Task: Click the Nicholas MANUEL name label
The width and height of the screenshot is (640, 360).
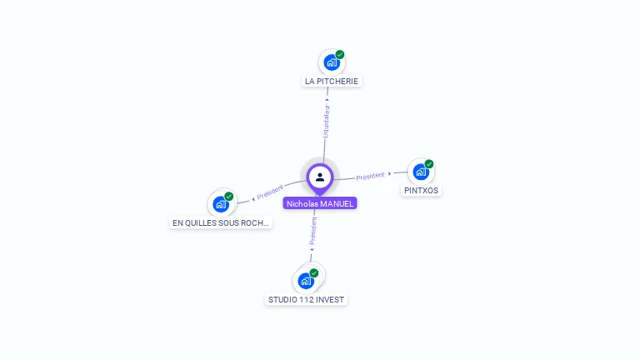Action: point(320,203)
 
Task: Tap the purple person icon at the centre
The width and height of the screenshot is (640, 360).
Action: point(320,177)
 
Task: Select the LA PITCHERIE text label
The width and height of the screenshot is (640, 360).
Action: point(332,82)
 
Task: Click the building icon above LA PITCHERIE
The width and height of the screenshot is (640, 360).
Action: point(331,62)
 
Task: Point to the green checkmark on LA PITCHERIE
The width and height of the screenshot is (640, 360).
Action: point(340,54)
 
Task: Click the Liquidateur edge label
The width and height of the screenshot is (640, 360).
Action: point(326,122)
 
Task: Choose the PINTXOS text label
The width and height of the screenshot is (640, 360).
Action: point(421,191)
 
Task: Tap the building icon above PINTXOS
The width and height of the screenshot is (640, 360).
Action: point(420,172)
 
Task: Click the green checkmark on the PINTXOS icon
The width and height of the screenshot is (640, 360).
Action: point(429,164)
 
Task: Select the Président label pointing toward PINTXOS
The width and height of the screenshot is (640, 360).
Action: point(371,176)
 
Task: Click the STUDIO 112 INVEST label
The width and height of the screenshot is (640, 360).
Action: point(306,299)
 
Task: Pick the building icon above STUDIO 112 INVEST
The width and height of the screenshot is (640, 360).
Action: point(305,281)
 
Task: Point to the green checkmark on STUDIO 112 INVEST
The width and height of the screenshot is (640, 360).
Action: point(314,272)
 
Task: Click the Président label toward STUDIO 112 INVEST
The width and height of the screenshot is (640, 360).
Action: point(312,232)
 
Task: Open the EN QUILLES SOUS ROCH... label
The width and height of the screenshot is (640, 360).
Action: point(221,222)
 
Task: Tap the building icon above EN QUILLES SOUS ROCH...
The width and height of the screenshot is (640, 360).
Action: point(220,204)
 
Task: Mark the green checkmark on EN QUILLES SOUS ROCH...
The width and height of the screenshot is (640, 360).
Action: point(229,196)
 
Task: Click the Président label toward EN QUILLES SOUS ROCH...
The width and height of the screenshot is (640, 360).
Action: point(270,192)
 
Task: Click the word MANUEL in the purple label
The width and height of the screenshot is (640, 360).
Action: point(337,203)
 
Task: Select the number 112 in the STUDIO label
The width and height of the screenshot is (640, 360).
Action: point(305,299)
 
